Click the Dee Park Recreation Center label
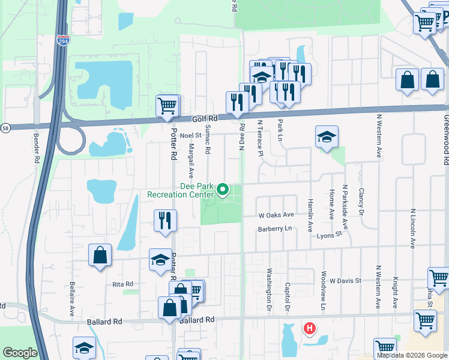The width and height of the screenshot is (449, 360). click(181, 191)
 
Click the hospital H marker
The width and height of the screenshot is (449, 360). click(310, 328)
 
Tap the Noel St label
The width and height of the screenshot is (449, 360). click(190, 136)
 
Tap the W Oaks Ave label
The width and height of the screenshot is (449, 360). click(276, 214)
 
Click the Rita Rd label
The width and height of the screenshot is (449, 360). click(122, 284)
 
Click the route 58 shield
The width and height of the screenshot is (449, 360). click(5, 128)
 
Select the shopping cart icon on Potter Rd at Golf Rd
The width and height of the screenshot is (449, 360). click(168, 106)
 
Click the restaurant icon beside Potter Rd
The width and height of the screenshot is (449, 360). click(164, 220)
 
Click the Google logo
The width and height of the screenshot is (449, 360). click(20, 352)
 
